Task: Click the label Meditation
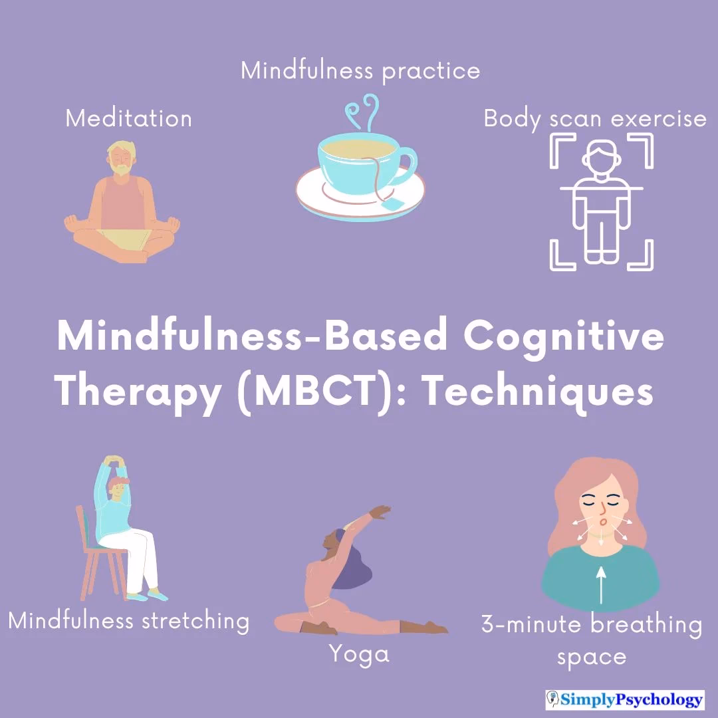tap(128, 118)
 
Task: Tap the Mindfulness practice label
tap(360, 70)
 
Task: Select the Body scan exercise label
tap(594, 118)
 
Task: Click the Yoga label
tap(359, 654)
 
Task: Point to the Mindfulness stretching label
tap(129, 621)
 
